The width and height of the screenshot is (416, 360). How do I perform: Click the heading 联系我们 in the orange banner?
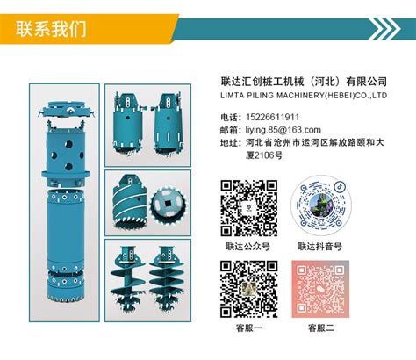[x=51, y=29]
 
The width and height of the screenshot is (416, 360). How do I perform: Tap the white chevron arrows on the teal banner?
[x=384, y=29]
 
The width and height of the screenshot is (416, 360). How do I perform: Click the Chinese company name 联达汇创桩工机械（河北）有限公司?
[x=304, y=82]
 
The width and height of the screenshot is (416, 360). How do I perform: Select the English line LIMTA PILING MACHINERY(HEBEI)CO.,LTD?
[x=304, y=96]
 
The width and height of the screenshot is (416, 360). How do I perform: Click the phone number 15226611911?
[x=273, y=117]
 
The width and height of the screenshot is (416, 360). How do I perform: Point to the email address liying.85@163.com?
[x=283, y=130]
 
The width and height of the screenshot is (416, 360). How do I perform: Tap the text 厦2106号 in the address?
[x=264, y=155]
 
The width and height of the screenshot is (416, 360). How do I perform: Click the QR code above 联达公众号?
[x=248, y=208]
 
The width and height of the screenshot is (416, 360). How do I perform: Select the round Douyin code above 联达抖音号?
[x=321, y=205]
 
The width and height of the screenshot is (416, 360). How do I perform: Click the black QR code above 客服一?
[x=248, y=289]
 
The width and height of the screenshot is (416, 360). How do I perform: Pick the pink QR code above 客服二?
[x=320, y=289]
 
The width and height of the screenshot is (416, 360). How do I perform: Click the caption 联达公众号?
[x=247, y=246]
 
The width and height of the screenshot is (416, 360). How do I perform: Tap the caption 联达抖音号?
[x=319, y=246]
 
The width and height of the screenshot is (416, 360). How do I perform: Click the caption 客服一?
[x=248, y=328]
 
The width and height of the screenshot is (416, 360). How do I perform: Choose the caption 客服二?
[x=321, y=328]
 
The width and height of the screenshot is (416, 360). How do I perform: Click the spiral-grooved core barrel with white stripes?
[x=130, y=202]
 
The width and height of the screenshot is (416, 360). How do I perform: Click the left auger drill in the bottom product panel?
[x=128, y=277]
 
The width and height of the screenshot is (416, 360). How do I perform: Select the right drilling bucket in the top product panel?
[x=168, y=124]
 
